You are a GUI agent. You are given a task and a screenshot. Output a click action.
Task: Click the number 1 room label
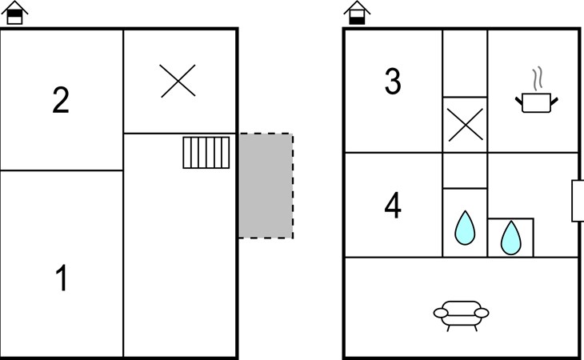[62, 278]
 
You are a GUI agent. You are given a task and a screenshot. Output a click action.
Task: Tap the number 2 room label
[61, 99]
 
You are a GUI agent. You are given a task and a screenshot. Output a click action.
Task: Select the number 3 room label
[393, 81]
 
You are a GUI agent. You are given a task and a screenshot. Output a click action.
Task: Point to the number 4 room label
[393, 205]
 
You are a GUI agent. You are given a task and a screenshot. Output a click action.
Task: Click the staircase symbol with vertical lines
[206, 153]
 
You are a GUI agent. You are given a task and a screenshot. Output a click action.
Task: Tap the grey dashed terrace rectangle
[266, 186]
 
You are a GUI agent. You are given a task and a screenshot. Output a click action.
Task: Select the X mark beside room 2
[178, 81]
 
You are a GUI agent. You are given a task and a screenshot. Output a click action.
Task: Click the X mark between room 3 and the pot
[466, 125]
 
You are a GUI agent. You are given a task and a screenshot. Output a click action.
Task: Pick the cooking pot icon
[537, 102]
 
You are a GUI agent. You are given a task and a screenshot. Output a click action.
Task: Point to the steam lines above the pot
[537, 78]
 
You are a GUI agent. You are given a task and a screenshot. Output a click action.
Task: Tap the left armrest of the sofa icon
[441, 313]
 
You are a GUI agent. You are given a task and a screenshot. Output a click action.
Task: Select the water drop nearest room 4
[465, 228]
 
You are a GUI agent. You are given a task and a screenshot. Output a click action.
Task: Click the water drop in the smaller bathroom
[510, 238]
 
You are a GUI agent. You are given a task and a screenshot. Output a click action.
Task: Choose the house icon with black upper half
[14, 13]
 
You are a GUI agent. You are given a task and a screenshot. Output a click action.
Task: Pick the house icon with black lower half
[357, 13]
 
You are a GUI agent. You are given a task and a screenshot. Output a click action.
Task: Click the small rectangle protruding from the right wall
[578, 201]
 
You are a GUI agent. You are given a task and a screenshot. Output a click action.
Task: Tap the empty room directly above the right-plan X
[465, 63]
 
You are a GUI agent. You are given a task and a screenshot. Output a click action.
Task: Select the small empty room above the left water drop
[465, 170]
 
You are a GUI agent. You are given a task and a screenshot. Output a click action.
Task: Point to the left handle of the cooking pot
[519, 101]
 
